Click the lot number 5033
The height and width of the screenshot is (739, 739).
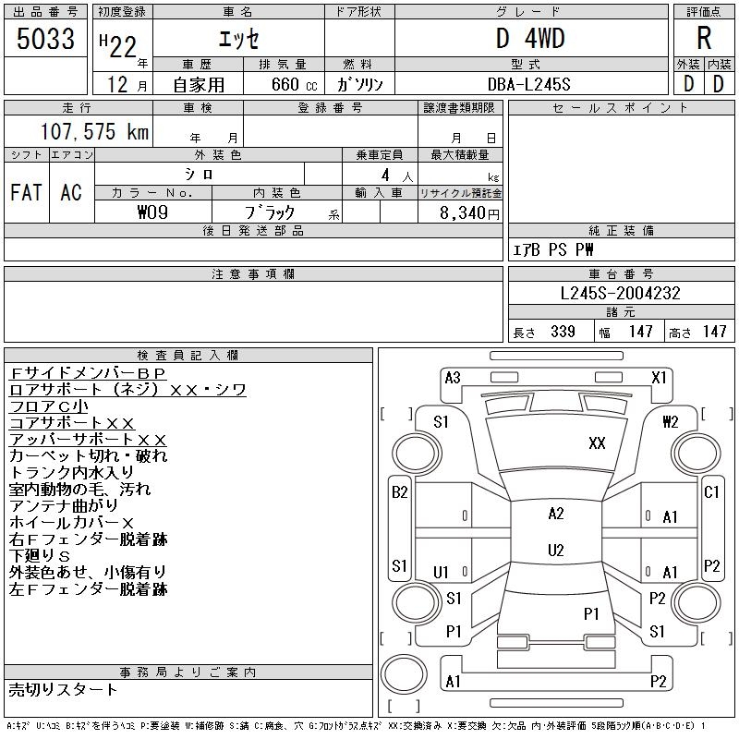[x=45, y=38]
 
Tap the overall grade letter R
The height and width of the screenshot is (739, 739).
[x=704, y=38]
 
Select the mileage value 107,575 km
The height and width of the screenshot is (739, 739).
[x=94, y=131]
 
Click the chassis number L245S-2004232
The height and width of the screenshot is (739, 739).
[x=620, y=293]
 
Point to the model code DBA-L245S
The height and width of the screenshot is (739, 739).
[x=528, y=84]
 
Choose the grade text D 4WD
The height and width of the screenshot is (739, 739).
[x=530, y=38]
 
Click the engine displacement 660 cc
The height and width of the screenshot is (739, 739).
[x=294, y=84]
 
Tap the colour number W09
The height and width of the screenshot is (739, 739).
[x=152, y=212]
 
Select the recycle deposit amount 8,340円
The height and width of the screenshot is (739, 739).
[x=469, y=212]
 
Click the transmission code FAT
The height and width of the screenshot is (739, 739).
[x=26, y=192]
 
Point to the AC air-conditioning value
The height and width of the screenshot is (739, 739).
[x=71, y=192]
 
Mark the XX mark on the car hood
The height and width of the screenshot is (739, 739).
[x=597, y=443]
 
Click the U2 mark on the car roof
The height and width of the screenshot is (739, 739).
[x=556, y=550]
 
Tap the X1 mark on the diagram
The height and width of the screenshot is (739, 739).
[x=659, y=378]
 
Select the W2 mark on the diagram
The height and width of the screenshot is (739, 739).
[x=670, y=421]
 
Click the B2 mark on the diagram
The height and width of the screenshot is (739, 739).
[x=400, y=492]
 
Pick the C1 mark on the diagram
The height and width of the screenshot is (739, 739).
[x=711, y=492]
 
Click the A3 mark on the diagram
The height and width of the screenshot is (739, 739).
[x=453, y=378]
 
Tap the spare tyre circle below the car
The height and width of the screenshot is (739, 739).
[x=404, y=674]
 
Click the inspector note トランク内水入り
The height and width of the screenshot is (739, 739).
[x=71, y=472]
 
